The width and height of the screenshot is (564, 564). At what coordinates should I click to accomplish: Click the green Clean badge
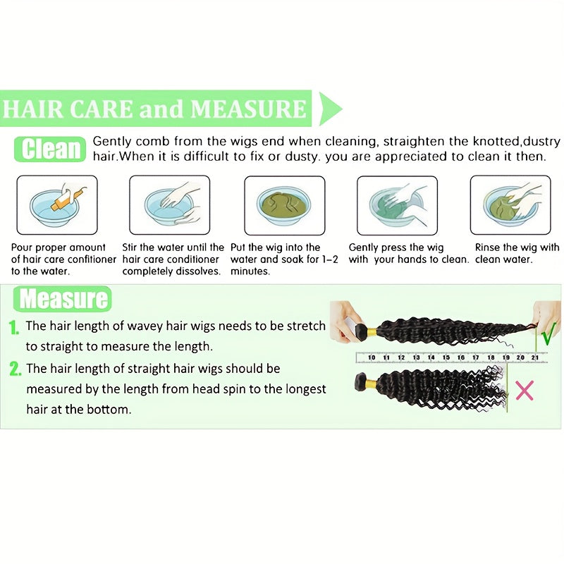50,149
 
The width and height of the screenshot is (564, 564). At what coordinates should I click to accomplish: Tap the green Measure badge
63,298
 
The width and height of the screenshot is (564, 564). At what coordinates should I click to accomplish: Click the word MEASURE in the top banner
249,109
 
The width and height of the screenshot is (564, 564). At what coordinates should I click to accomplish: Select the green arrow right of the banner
330,109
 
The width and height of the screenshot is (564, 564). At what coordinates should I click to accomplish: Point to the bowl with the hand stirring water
169,205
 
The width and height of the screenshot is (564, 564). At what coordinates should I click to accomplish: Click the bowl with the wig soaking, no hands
285,205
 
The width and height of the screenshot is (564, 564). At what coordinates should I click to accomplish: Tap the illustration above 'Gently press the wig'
397,205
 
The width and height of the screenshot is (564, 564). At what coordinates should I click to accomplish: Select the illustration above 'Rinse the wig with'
510,205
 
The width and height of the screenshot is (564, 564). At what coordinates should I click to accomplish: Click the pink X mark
525,391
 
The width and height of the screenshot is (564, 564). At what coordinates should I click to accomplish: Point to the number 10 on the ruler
372,357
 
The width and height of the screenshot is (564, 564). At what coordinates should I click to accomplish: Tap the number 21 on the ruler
535,357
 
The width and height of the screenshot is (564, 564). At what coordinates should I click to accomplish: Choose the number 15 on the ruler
446,357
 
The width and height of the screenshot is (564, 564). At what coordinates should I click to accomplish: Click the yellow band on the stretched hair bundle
372,331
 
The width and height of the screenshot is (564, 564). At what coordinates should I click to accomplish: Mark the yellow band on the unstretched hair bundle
371,384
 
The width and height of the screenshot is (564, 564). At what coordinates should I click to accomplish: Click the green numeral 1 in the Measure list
13,327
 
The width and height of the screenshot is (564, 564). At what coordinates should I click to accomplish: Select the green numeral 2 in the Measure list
15,369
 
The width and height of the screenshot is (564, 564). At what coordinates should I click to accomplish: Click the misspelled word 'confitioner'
92,259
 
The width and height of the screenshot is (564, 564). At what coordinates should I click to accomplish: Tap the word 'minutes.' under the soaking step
250,271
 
